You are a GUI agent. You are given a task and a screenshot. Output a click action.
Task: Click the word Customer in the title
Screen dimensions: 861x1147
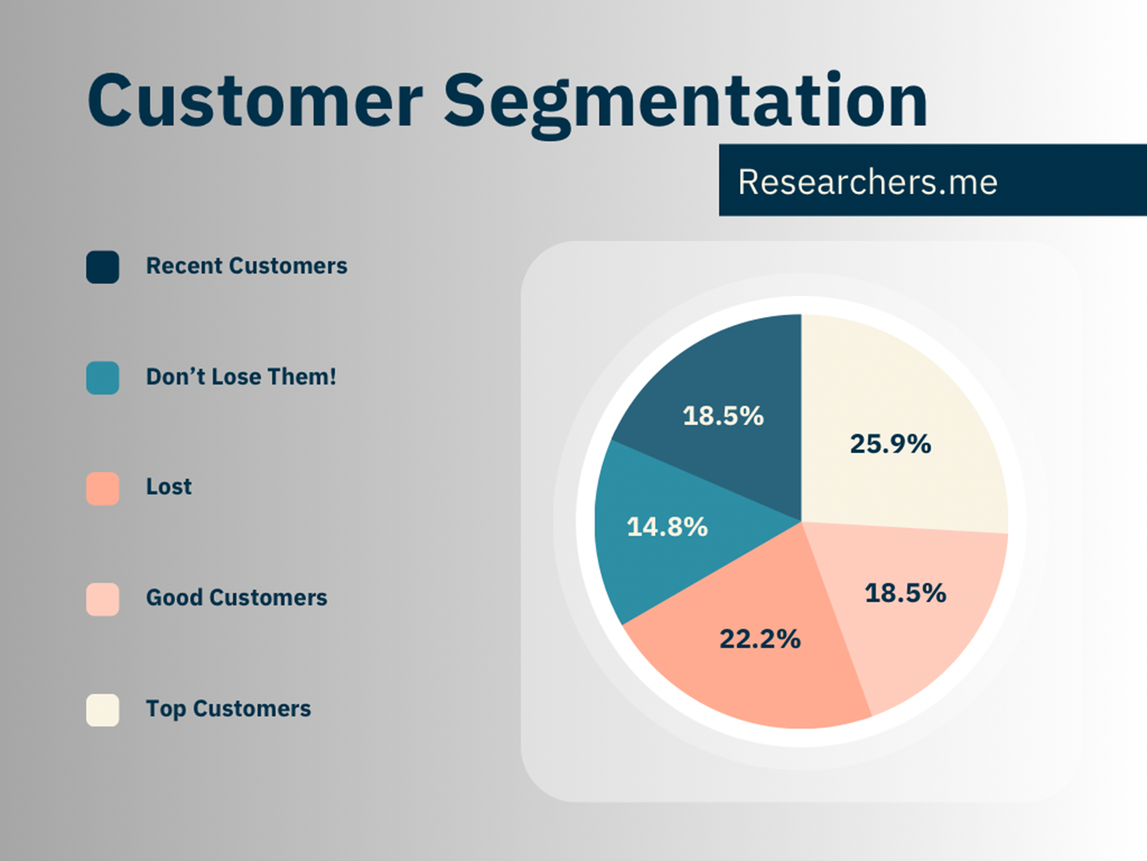254,101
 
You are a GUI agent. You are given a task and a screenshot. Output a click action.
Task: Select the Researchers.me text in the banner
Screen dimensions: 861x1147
867,182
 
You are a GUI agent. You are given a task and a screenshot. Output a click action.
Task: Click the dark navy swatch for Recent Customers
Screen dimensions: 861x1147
102,267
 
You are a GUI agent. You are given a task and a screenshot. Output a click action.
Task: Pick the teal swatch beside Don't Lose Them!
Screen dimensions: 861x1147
102,378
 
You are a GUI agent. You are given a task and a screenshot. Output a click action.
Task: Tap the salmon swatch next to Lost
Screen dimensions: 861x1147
102,489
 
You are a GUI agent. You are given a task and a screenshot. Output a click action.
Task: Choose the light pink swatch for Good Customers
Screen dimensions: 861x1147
102,599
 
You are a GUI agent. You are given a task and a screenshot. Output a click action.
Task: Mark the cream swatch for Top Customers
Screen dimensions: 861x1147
102,710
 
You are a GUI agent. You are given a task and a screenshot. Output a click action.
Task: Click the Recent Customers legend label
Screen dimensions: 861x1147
246,266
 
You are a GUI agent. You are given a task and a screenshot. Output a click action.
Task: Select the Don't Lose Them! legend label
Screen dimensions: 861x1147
241,376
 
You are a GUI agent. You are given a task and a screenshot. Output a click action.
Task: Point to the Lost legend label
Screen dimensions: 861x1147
168,487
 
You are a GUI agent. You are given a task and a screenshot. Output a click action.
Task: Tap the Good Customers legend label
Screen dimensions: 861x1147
237,597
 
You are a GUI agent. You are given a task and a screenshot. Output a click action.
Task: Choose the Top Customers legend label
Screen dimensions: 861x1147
228,709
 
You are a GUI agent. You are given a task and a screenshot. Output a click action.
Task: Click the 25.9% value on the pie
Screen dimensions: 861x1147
890,444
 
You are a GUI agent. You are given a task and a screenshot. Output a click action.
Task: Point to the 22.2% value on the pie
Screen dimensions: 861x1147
760,639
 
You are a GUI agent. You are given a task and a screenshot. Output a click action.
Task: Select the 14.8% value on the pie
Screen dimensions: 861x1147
667,527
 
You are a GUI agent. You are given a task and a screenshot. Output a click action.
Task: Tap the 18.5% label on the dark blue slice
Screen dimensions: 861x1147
723,416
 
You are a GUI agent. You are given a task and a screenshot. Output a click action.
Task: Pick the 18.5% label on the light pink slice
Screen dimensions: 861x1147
905,593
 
